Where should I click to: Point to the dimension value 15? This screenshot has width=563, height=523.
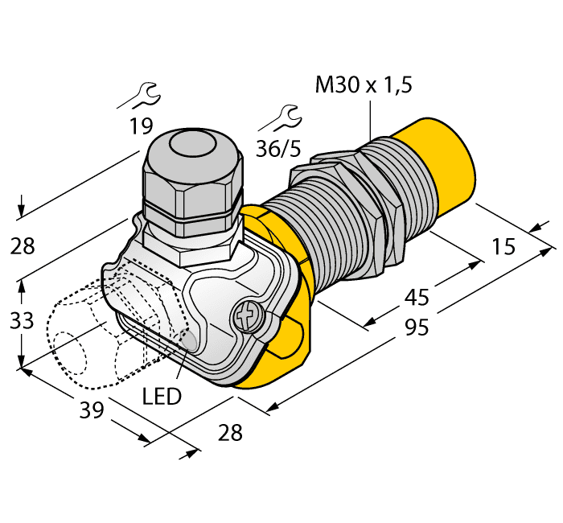pos(503,247)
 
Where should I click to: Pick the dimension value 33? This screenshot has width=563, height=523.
pos(22,321)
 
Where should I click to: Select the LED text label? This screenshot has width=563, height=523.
pos(162,396)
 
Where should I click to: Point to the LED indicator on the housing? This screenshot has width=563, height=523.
pos(189,341)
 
